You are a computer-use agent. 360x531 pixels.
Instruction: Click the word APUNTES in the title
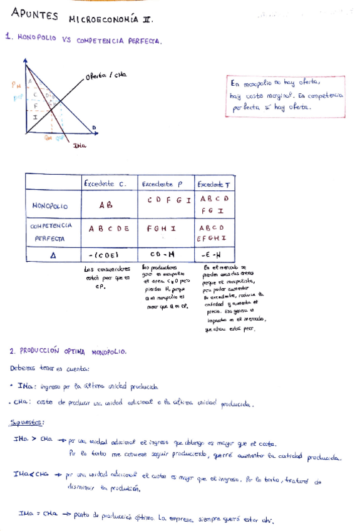34,17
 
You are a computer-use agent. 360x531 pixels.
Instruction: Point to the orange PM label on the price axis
16,85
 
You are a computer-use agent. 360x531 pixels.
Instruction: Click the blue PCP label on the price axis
18,97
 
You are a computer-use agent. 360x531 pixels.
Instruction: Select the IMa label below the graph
79,145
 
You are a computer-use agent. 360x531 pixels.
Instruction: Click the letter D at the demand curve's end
95,128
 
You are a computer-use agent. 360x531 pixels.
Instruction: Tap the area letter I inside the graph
35,116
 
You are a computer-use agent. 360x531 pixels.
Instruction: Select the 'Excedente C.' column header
105,183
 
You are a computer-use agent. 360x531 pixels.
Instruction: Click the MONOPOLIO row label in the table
49,205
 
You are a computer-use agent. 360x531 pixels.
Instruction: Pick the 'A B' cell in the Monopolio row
106,205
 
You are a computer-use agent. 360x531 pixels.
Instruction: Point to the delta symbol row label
53,255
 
